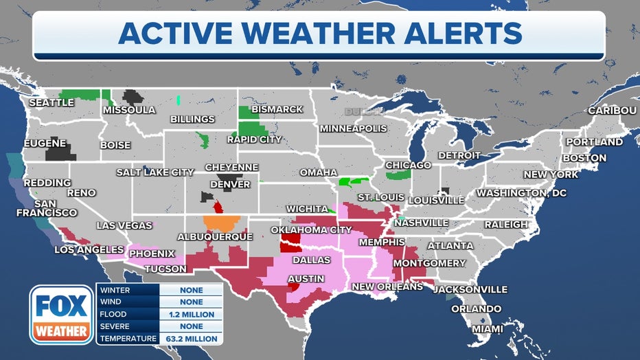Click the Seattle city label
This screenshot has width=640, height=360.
[51, 102]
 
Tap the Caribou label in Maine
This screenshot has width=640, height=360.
[612, 111]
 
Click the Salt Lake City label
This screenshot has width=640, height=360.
[155, 172]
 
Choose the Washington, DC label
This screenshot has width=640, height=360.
[521, 193]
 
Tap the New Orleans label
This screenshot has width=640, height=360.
[387, 286]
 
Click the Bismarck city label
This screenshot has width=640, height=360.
[277, 109]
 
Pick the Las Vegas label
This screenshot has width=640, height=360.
[126, 225]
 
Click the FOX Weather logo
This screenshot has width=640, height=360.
[62, 315]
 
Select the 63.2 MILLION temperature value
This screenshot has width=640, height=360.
[191, 339]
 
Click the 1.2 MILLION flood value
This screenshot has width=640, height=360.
[191, 314]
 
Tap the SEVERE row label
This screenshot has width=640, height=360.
[115, 326]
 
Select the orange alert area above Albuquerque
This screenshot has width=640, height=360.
[222, 222]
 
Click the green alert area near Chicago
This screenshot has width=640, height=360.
[398, 175]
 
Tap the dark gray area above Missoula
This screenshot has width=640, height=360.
[133, 97]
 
